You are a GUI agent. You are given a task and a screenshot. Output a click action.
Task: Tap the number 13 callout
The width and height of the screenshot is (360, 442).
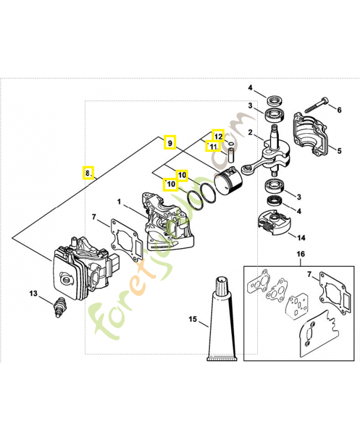pyautogui.click(x=34, y=293)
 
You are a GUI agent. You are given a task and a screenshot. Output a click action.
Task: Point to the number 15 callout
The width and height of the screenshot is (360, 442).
pyautogui.click(x=193, y=319)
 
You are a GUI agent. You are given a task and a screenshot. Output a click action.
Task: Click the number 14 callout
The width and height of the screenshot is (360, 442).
pyautogui.click(x=301, y=239)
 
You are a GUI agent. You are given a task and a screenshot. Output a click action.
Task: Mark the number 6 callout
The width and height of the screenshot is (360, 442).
pyautogui.click(x=340, y=109)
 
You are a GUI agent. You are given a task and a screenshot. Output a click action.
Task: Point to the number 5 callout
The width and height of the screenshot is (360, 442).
pyautogui.click(x=340, y=150)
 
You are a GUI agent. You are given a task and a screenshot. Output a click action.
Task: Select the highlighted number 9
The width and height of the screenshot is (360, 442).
pyautogui.click(x=171, y=143)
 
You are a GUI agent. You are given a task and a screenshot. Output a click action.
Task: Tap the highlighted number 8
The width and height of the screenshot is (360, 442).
pyautogui.click(x=87, y=173)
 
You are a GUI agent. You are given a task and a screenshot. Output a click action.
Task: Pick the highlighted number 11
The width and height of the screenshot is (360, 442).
pyautogui.click(x=213, y=146)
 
